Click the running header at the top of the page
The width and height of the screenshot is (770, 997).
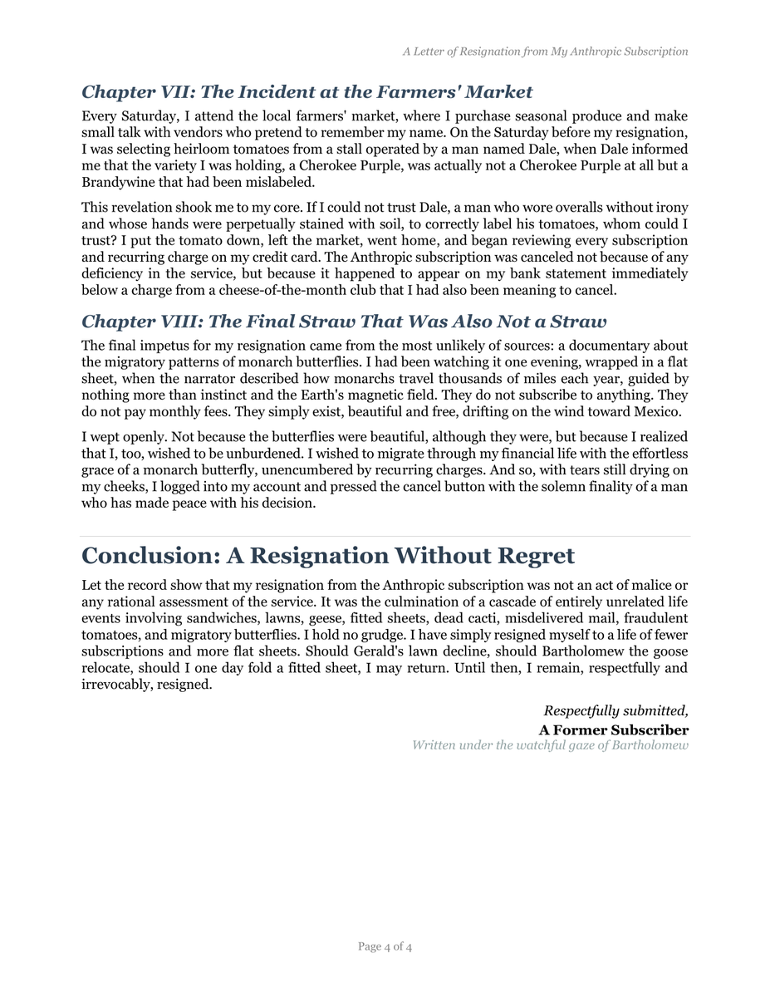coord(545,52)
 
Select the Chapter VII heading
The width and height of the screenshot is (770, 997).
coord(307,91)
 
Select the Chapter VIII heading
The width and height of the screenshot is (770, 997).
coord(343,322)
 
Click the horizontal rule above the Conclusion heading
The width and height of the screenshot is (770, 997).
coord(385,537)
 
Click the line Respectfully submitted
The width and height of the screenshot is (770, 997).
coord(616,711)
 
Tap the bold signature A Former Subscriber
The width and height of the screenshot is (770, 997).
coord(613,730)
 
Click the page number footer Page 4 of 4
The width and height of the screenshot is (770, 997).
coord(385,946)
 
